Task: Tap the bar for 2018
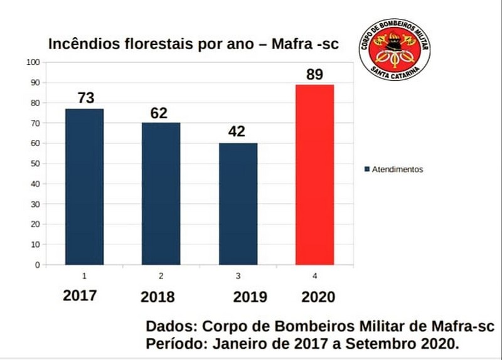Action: tap(161, 194)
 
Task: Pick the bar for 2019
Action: tap(238, 204)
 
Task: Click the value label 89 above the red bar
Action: tap(314, 75)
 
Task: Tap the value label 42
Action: tap(237, 132)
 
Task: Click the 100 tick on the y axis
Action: tap(33, 62)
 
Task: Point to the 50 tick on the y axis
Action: tap(35, 164)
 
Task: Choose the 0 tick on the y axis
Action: tap(37, 265)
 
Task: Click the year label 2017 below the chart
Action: tap(80, 295)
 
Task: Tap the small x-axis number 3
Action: tap(238, 275)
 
